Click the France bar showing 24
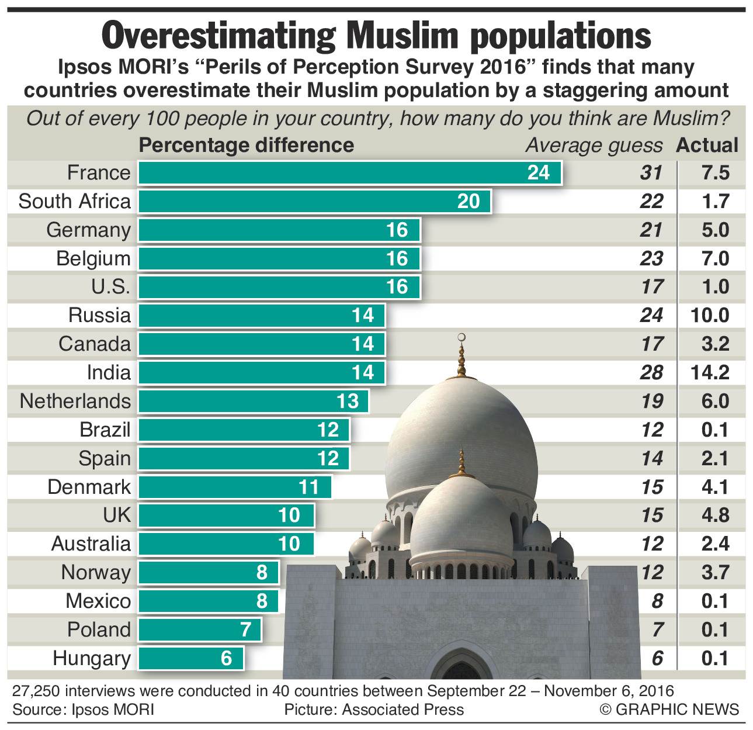349,173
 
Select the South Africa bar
314,202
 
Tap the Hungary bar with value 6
190,658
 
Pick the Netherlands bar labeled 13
253,402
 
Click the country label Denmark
89,487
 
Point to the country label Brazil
105,430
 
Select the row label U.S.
110,287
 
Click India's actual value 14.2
710,373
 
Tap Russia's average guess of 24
651,316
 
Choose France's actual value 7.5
716,173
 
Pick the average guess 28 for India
651,373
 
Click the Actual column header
707,146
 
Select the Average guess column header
594,146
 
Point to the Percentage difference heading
246,146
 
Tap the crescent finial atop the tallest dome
462,338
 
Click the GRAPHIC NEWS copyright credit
669,710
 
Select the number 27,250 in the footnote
36,691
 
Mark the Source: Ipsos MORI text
83,710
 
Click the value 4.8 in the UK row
715,516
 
